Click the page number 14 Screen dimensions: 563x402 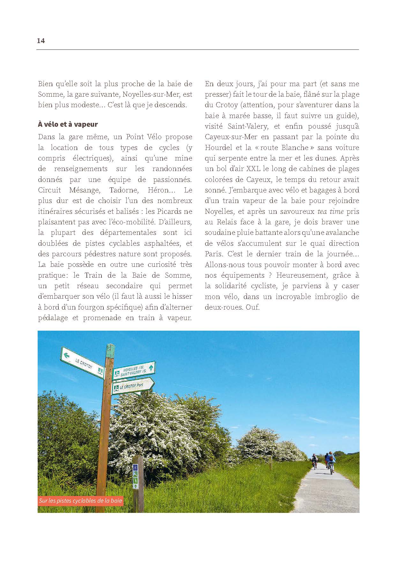tap(41, 41)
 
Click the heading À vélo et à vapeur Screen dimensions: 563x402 tap(68, 124)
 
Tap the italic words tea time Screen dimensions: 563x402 tap(331, 212)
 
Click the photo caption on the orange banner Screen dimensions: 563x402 tap(80, 501)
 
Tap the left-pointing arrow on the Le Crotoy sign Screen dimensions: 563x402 tap(66, 355)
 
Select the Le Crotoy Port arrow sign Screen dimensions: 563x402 tap(132, 387)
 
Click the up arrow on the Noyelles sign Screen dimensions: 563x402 tap(151, 368)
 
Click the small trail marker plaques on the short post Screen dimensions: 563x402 tap(135, 477)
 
